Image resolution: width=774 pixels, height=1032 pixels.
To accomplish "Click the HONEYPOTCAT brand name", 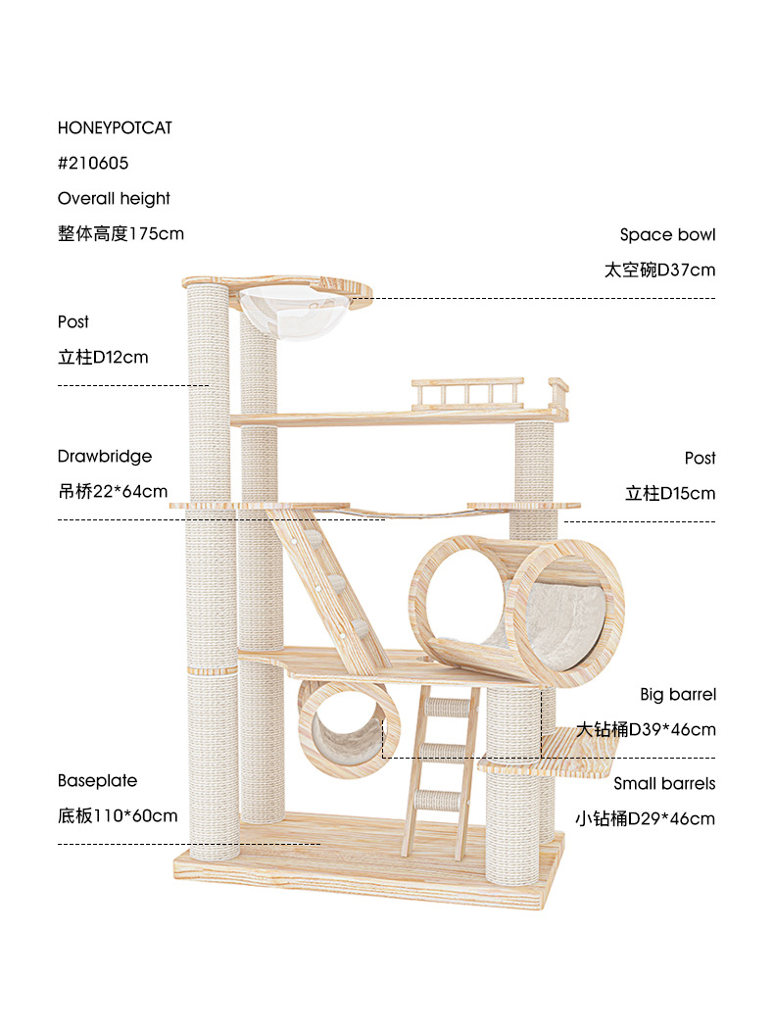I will click(x=115, y=128).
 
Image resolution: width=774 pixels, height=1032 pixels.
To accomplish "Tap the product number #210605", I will click(x=93, y=163).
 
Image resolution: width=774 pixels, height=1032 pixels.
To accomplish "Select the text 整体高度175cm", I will click(x=121, y=233).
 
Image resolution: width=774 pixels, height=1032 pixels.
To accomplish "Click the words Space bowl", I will click(x=667, y=234).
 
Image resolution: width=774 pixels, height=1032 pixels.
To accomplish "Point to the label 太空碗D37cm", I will click(x=659, y=270).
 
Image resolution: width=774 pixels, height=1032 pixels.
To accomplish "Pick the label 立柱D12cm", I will click(x=103, y=357).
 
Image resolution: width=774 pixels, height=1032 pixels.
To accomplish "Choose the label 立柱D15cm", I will click(x=670, y=493).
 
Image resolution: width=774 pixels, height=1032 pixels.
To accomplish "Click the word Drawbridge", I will click(x=105, y=456).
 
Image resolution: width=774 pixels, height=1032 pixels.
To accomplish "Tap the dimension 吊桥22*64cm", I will click(x=113, y=491).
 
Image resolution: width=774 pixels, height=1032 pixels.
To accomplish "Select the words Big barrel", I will click(x=678, y=694).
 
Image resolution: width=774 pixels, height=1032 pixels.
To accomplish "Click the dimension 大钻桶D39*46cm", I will click(x=647, y=729).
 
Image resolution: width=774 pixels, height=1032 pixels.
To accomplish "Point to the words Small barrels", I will click(x=664, y=783).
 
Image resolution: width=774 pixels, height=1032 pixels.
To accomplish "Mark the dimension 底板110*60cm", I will click(x=118, y=815).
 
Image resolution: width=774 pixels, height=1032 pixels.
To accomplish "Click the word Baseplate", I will click(x=97, y=780).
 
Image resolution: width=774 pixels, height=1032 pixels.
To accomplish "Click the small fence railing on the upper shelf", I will click(x=466, y=394).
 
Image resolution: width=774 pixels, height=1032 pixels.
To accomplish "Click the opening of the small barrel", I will click(x=345, y=730).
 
